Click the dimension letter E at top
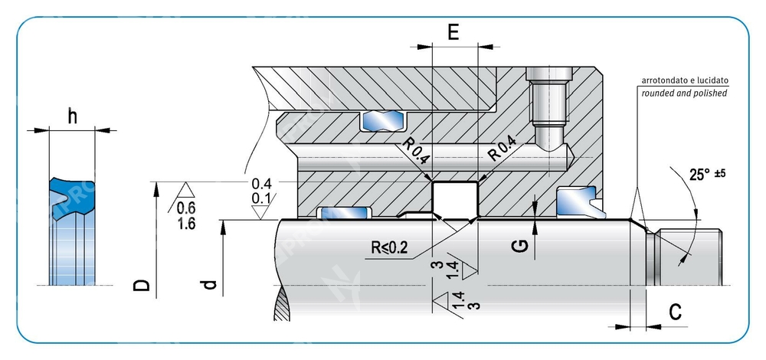[453, 32]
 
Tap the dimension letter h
[73, 116]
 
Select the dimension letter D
[140, 285]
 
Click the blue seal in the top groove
[384, 120]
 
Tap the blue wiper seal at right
[577, 202]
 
